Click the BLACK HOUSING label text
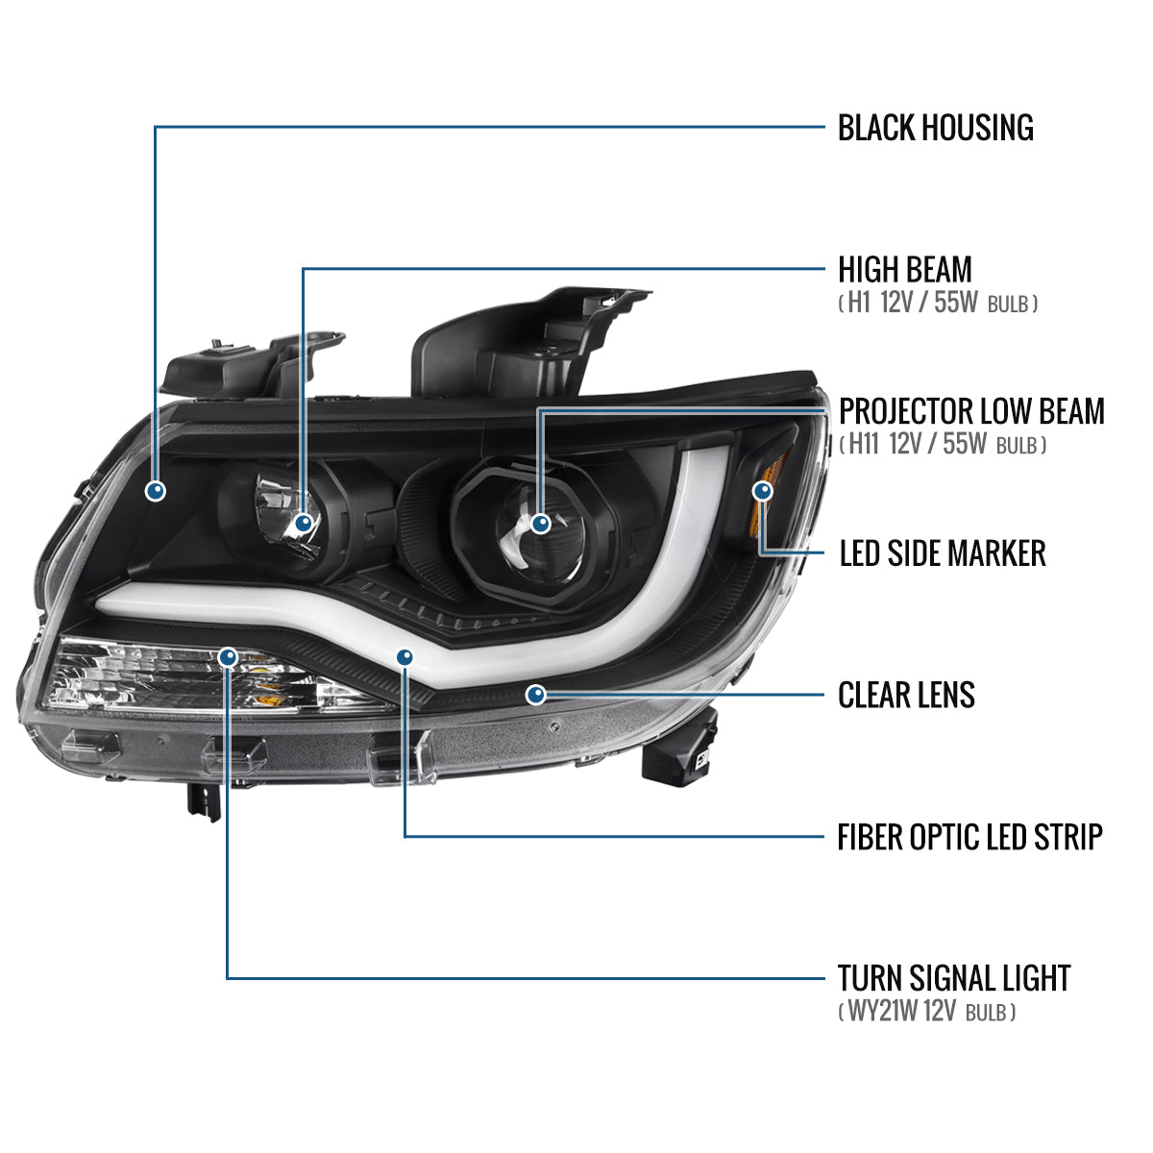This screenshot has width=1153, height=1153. [x=935, y=128]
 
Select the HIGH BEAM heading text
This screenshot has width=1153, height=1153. [x=904, y=270]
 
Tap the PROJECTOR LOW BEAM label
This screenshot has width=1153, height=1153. [x=971, y=411]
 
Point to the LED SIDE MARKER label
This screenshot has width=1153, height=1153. [x=942, y=553]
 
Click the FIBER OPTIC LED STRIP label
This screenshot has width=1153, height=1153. [x=969, y=837]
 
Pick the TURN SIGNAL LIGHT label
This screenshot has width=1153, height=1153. [x=953, y=978]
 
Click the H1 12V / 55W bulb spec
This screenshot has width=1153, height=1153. [x=937, y=305]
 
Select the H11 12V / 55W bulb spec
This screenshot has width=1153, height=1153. [x=942, y=445]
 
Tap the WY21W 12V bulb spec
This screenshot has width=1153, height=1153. [x=926, y=1012]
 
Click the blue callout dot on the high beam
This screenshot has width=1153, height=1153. [x=304, y=523]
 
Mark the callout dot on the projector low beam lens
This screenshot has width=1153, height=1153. [x=540, y=524]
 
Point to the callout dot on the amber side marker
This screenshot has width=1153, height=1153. [x=762, y=491]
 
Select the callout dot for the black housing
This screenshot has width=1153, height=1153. [x=155, y=491]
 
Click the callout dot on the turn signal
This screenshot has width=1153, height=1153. [x=228, y=657]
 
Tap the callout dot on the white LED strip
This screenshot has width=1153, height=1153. [x=405, y=657]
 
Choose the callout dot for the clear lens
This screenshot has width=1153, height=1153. [x=536, y=694]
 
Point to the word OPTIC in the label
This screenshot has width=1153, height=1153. [x=936, y=837]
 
